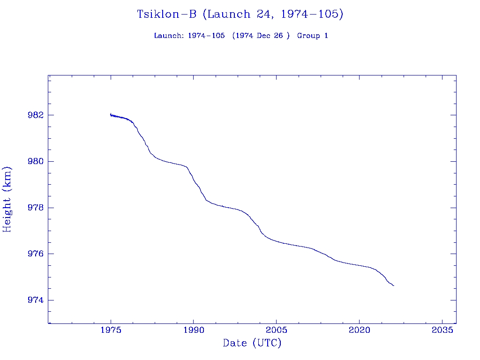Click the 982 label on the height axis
[36, 115]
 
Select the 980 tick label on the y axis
[36, 162]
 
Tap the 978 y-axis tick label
[36, 208]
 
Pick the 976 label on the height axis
[36, 254]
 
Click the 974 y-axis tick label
[36, 300]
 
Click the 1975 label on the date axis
[111, 330]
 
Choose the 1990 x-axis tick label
[194, 330]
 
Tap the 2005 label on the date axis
[277, 330]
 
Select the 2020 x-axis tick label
[359, 330]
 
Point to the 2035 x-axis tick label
[442, 330]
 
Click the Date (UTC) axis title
[252, 344]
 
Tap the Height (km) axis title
[7, 199]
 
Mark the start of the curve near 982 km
[111, 114]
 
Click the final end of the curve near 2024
[394, 285]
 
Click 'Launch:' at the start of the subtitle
[169, 36]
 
